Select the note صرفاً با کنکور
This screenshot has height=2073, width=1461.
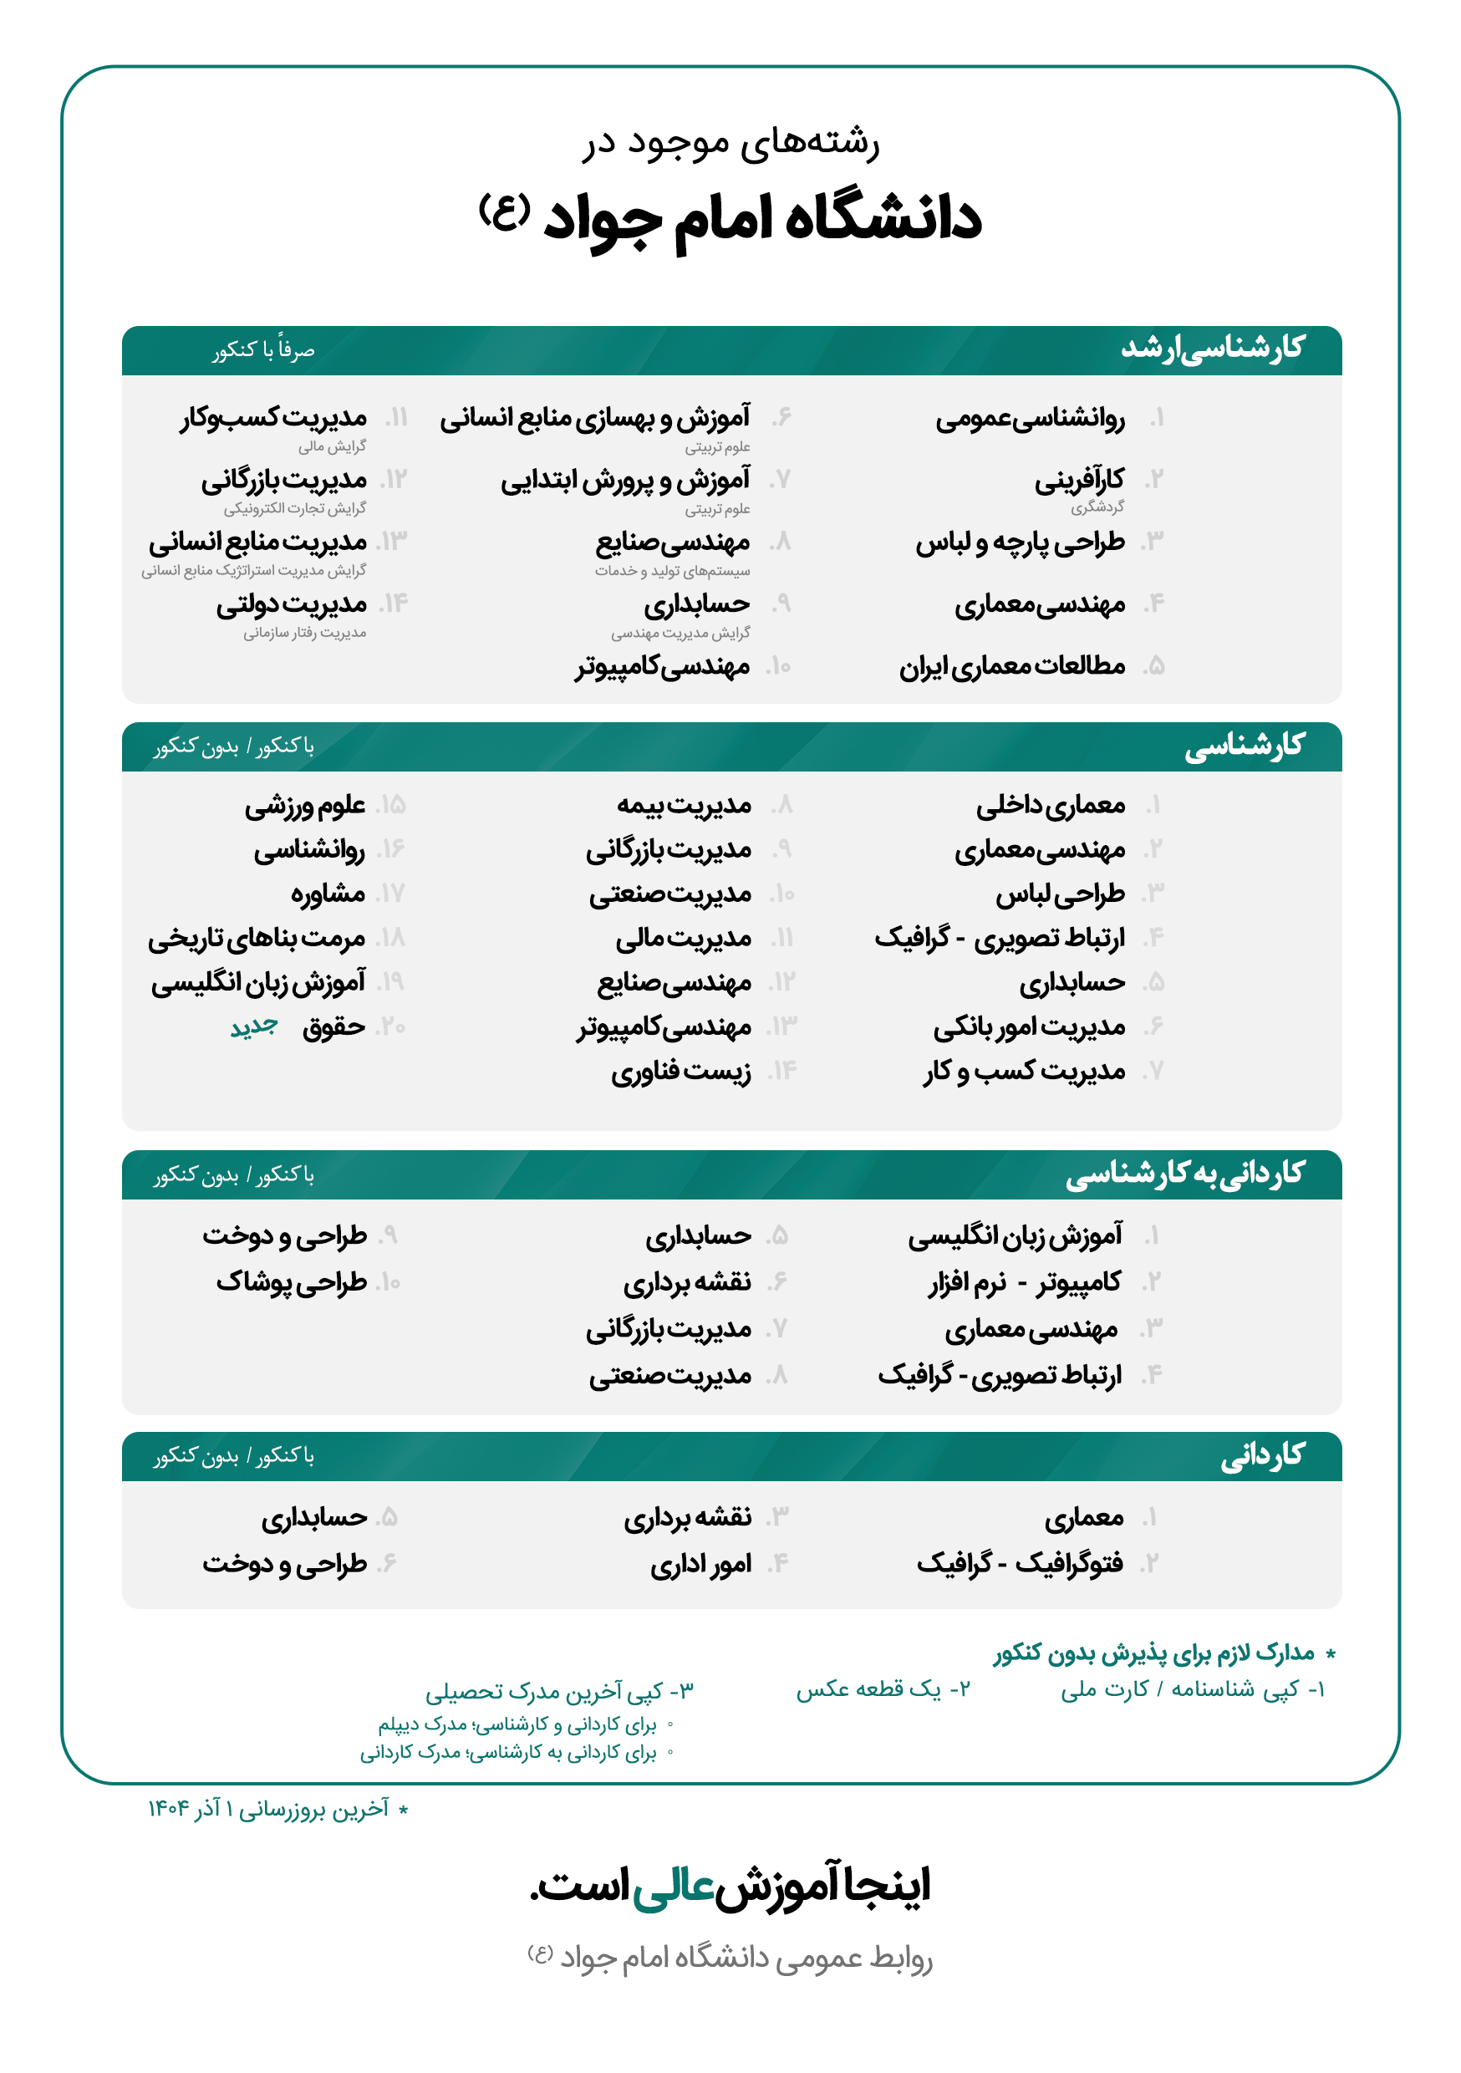[263, 350]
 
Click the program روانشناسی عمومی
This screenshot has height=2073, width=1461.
[1030, 419]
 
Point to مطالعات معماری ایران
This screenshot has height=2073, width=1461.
[1011, 667]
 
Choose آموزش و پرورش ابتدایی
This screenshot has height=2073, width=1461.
[625, 481]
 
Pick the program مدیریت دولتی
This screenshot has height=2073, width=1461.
[291, 605]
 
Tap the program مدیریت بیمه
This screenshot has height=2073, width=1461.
[684, 805]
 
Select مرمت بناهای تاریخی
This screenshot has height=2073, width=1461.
[257, 939]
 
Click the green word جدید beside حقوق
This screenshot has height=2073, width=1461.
[254, 1027]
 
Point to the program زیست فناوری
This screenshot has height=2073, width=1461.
[681, 1072]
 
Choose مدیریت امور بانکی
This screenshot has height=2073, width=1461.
[1029, 1027]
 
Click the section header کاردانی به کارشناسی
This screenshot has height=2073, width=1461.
[1184, 1174]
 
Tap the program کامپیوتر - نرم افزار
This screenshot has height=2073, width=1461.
[1025, 1282]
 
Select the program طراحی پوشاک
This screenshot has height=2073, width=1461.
[291, 1282]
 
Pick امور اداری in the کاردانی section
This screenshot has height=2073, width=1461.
[700, 1565]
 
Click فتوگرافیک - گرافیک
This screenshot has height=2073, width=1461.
[1020, 1564]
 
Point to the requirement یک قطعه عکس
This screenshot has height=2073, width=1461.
[881, 1689]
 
